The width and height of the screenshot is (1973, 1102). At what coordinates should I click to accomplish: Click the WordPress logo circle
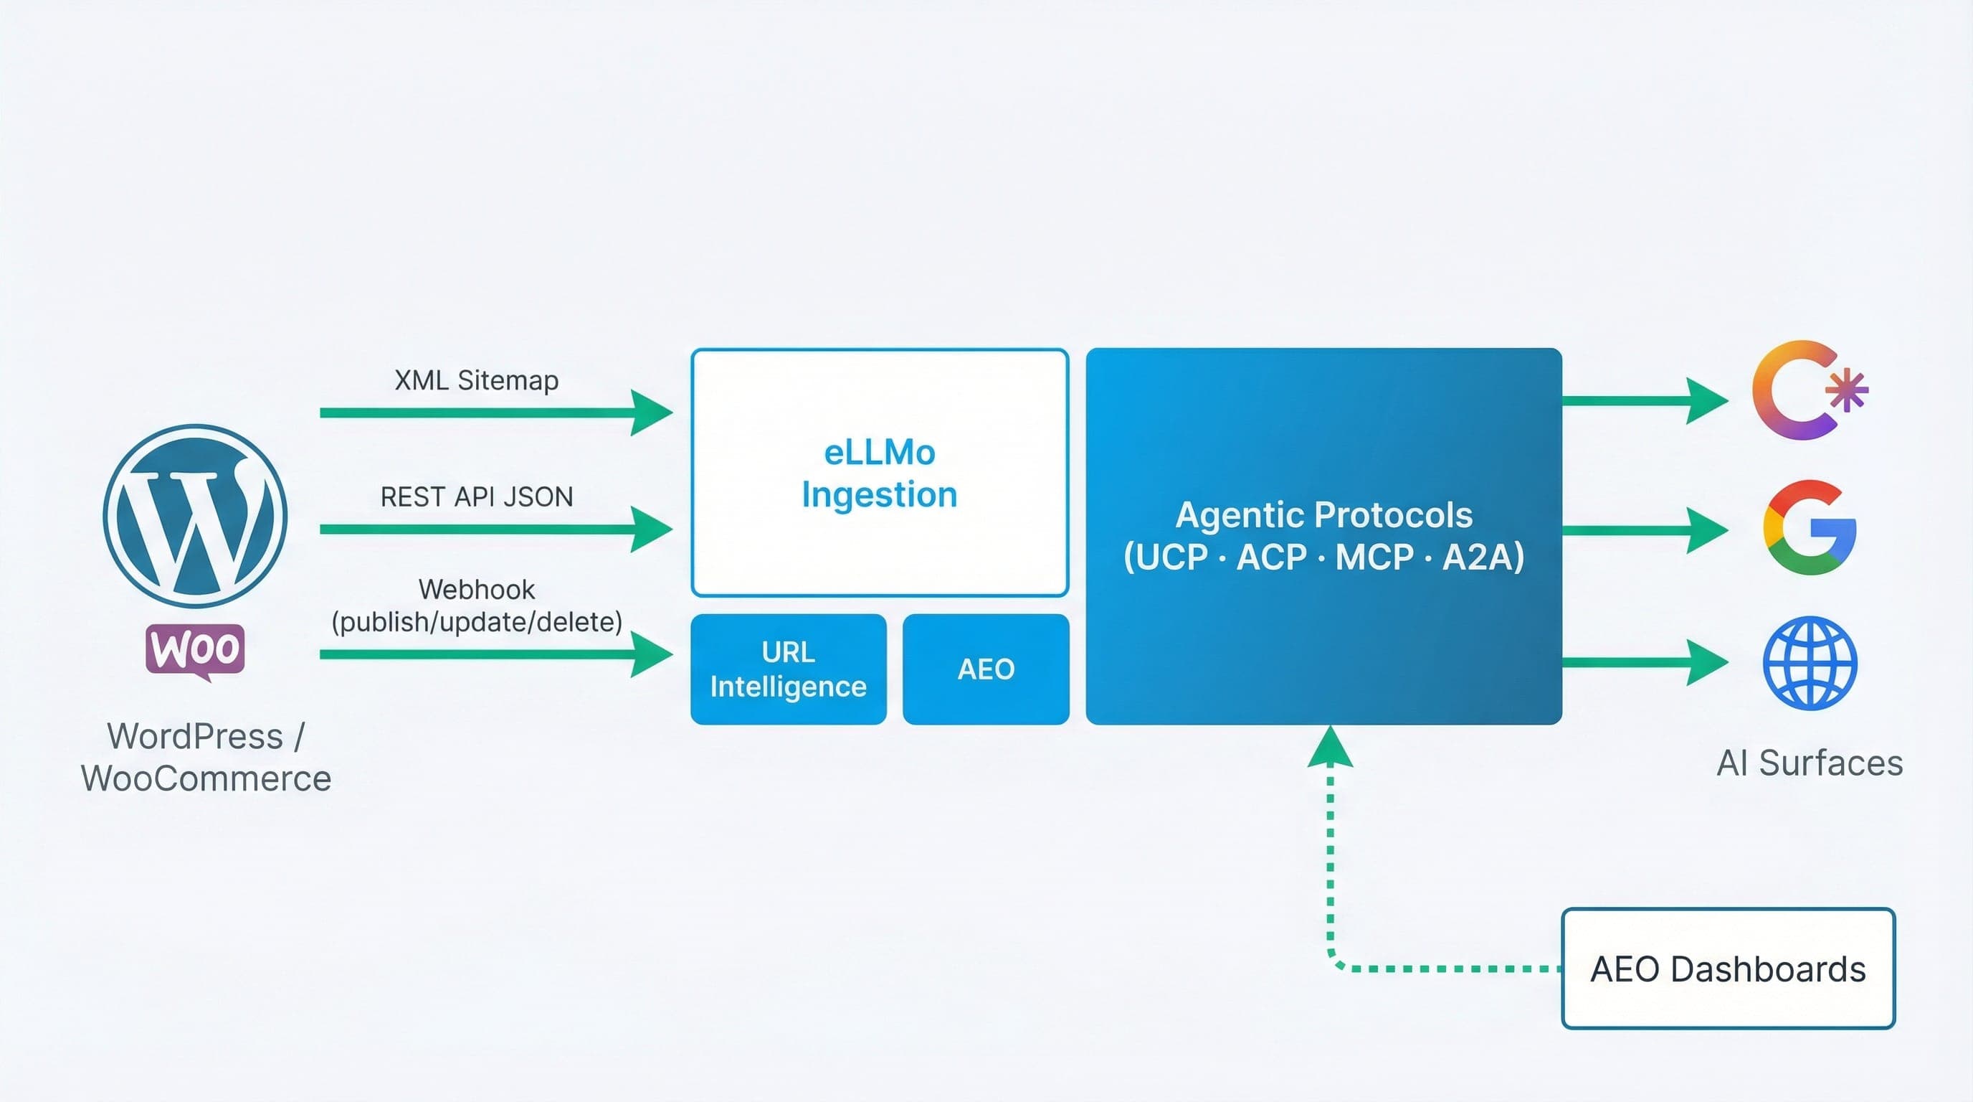coord(194,516)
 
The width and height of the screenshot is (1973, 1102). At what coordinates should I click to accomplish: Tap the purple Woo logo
coord(195,650)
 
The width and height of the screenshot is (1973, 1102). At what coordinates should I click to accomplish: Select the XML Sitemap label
coord(475,380)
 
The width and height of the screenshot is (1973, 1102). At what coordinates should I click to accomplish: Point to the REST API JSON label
coord(475,496)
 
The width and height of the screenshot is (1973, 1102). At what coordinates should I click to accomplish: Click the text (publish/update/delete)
coord(475,621)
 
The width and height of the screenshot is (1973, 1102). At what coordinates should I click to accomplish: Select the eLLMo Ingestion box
coord(878,473)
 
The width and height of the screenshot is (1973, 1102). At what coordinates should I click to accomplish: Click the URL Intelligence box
coord(787,669)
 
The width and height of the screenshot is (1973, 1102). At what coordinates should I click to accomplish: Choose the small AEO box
coord(985,669)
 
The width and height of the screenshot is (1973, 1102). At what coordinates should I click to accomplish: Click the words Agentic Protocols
coord(1323,515)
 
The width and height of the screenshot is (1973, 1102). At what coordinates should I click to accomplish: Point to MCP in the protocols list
coord(1374,557)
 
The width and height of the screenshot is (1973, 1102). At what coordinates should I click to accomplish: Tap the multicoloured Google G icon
coord(1808,528)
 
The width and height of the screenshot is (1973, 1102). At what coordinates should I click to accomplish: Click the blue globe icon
coord(1809,663)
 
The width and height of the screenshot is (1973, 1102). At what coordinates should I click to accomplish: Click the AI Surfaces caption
coord(1809,763)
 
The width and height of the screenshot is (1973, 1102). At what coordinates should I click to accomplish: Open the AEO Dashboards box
coord(1727,969)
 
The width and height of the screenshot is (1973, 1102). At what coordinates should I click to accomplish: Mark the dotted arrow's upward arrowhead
coord(1330,747)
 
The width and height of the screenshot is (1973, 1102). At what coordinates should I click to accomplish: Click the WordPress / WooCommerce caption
coord(205,757)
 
